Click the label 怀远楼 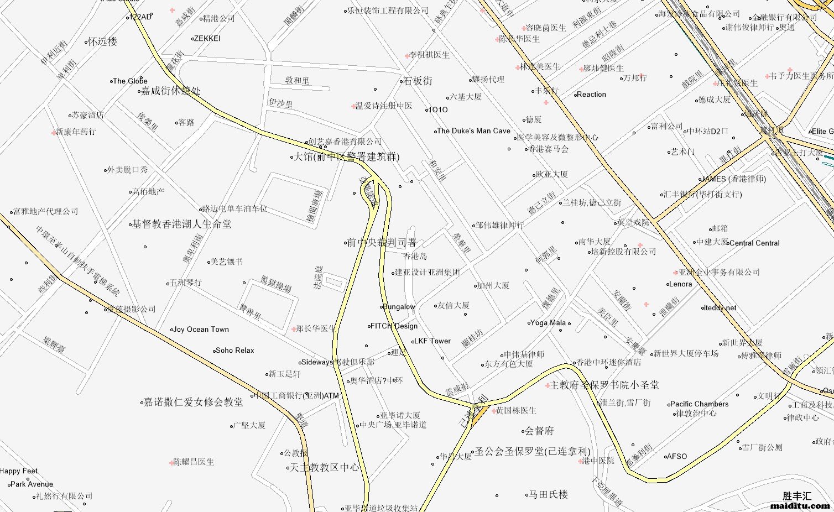[102, 41]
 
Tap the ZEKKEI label [207, 39]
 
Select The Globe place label [130, 81]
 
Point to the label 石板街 [418, 81]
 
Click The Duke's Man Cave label [473, 131]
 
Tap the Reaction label [591, 95]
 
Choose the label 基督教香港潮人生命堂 [181, 224]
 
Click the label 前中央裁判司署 [382, 242]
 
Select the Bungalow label [399, 307]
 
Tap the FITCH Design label [394, 326]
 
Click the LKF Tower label [432, 341]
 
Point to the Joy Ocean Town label [201, 330]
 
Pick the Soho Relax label [235, 351]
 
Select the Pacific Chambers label [699, 404]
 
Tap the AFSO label [677, 457]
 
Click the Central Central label [754, 243]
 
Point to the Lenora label [680, 284]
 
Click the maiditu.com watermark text [800, 505]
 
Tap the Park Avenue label [32, 484]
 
